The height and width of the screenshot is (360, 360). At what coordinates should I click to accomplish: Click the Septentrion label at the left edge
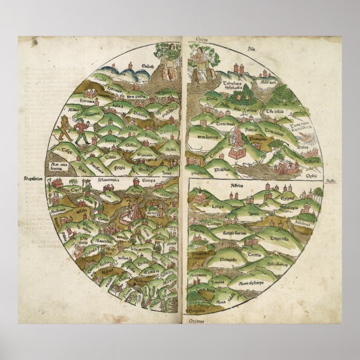tap(33, 179)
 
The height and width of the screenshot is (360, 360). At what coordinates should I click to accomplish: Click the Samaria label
tap(146, 154)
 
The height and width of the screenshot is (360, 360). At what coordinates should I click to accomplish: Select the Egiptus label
tap(287, 198)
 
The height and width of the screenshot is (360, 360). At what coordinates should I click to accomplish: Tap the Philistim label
tap(224, 158)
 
